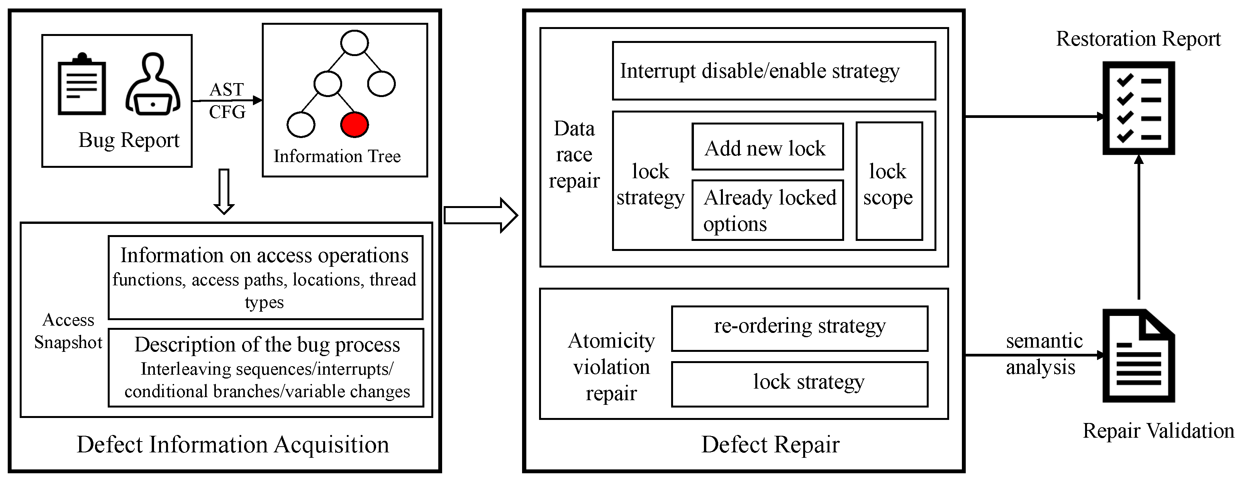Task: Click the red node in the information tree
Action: [354, 125]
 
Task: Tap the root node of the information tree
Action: [354, 43]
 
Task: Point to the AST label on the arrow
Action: [227, 89]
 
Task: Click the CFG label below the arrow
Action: [227, 112]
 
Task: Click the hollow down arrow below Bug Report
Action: [224, 191]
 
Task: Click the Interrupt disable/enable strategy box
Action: [773, 71]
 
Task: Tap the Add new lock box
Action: [767, 147]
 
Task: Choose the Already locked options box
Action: [767, 210]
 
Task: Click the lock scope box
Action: [889, 181]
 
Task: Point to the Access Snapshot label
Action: [68, 331]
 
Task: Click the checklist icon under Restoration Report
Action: [1138, 108]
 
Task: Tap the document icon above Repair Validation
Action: [1138, 356]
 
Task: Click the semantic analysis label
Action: [1043, 354]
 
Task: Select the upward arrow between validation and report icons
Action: [1139, 227]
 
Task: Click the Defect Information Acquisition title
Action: [232, 444]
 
